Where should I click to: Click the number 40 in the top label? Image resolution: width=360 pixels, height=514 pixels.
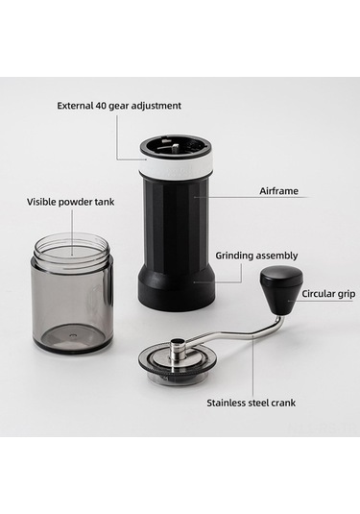point(100,106)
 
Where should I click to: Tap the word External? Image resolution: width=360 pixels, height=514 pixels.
point(75,106)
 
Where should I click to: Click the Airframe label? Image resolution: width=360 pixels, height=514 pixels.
point(278,191)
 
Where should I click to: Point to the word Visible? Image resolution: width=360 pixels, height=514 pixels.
point(41,202)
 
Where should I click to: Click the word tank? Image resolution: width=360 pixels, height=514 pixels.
point(105,202)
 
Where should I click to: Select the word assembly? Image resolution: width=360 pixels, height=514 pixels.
point(277,256)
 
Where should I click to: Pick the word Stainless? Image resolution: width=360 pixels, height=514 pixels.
point(227,403)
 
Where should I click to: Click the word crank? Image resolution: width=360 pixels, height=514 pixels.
point(284,403)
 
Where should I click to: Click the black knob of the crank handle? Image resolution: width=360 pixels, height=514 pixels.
point(281,291)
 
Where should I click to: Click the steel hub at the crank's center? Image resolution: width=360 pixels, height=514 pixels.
point(178,351)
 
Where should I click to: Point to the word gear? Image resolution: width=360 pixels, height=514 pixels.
point(123,107)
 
